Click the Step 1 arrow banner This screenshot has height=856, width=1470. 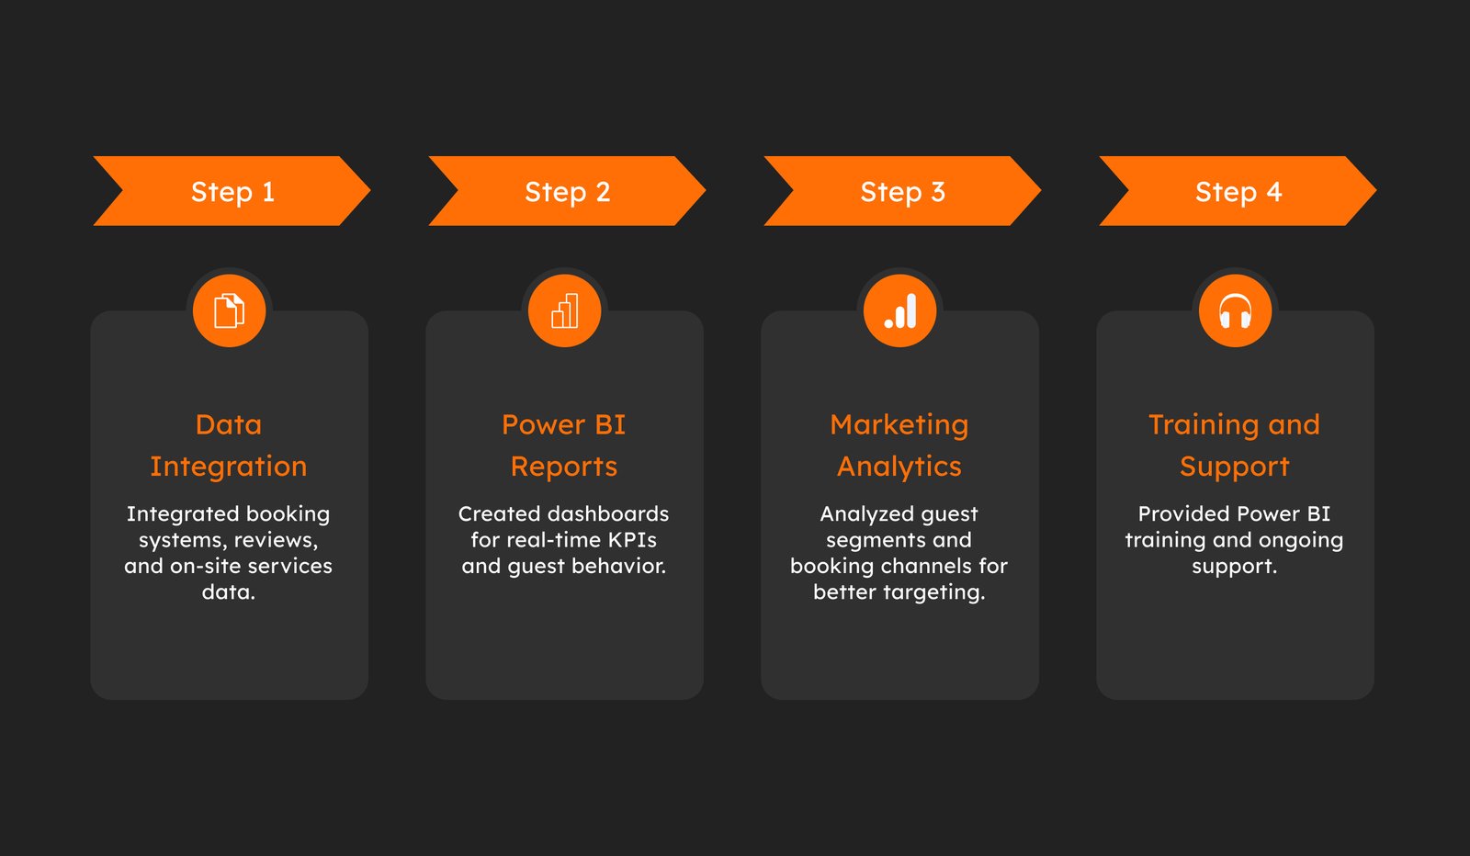pyautogui.click(x=232, y=191)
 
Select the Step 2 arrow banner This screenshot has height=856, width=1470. pyautogui.click(x=567, y=191)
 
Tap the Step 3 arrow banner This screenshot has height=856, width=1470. pyautogui.click(x=902, y=191)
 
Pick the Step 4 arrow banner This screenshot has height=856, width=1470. pyautogui.click(x=1238, y=191)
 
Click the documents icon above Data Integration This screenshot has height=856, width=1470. pyautogui.click(x=229, y=310)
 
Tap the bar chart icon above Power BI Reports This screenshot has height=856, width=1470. pyautogui.click(x=564, y=310)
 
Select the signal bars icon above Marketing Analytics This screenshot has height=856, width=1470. pyautogui.click(x=899, y=310)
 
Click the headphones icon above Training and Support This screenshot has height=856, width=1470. pyautogui.click(x=1235, y=310)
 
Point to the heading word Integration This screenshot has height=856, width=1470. pyautogui.click(x=229, y=467)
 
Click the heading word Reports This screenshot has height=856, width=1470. pyautogui.click(x=564, y=467)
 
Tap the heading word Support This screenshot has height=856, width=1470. pyautogui.click(x=1235, y=467)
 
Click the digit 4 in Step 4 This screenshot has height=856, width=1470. pyautogui.click(x=1273, y=192)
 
